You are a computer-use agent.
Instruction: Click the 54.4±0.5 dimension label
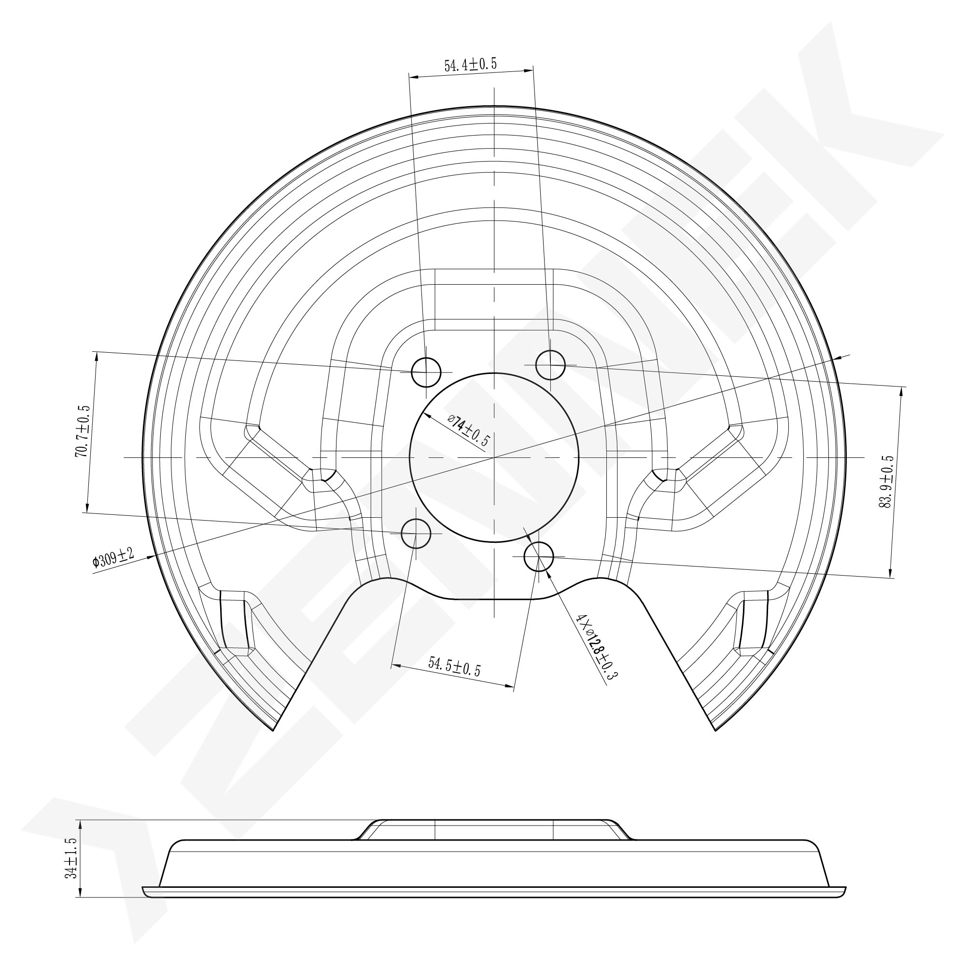tap(470, 65)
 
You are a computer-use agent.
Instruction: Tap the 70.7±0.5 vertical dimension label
tap(82, 431)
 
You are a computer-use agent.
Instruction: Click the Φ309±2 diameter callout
tap(113, 558)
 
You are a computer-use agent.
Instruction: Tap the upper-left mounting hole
tap(426, 372)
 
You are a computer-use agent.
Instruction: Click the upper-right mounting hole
tap(550, 365)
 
